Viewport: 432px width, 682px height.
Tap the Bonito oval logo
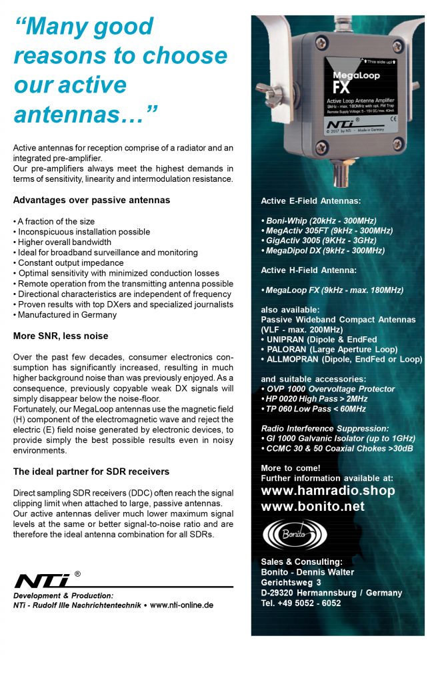tap(295, 534)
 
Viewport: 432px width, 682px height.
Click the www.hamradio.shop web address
tap(327, 491)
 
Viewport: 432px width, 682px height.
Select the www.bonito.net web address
tap(313, 507)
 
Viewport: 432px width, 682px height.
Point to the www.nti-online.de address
tap(181, 605)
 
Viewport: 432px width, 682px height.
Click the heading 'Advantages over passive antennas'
tap(91, 200)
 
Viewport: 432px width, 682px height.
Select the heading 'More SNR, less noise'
tap(61, 336)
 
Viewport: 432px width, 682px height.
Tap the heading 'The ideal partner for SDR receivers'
tap(91, 472)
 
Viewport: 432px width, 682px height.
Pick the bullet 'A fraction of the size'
tap(54, 221)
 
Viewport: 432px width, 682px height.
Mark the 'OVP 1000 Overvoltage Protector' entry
tap(328, 389)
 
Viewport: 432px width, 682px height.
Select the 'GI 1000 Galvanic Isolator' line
tap(338, 438)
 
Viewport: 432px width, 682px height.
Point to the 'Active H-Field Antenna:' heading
tap(309, 270)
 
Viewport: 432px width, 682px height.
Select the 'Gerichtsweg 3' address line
tap(291, 583)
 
